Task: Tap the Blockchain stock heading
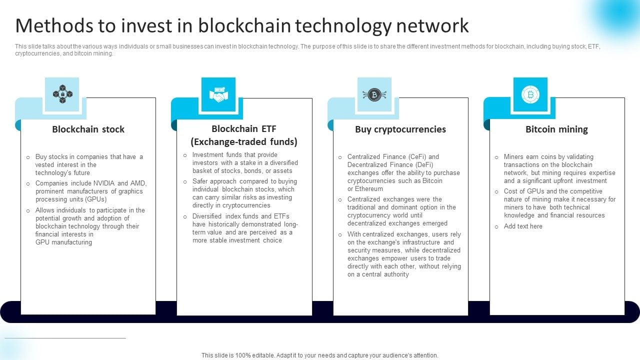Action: tap(88, 129)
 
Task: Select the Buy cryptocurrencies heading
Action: tap(400, 129)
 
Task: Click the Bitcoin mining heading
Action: tap(556, 129)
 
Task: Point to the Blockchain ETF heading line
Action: tap(243, 128)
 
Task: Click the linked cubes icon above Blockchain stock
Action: tap(62, 94)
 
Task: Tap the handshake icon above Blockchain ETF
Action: tap(218, 94)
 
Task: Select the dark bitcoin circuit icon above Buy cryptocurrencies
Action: tap(374, 94)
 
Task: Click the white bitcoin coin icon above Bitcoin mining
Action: tap(530, 94)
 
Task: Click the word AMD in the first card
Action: tap(138, 183)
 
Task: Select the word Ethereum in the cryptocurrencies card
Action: tap(369, 189)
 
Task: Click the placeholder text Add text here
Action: tap(523, 226)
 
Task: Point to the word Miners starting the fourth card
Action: tap(513, 157)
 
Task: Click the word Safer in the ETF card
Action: tap(201, 181)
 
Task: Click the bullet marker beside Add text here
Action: tap(496, 227)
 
